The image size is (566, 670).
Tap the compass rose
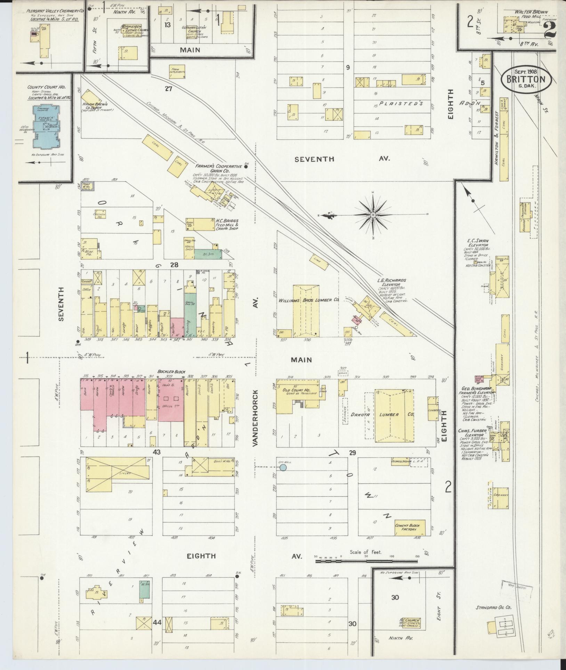(373, 215)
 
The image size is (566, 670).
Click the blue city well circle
(283, 468)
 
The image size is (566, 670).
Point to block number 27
(169, 89)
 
